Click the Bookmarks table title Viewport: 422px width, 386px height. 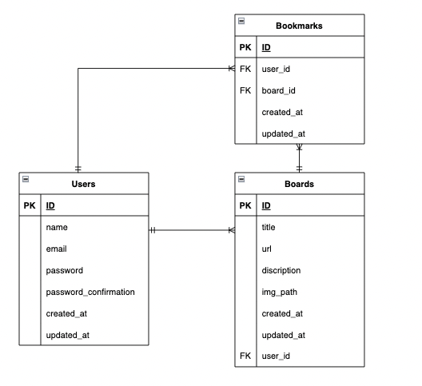point(299,26)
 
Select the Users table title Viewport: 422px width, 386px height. point(83,184)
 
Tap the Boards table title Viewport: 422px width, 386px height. point(299,184)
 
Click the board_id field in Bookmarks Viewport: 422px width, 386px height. point(278,90)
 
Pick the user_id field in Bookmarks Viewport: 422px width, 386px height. point(276,69)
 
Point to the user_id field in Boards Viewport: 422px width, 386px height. point(276,356)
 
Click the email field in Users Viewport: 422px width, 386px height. point(58,249)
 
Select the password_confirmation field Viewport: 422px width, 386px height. point(90,292)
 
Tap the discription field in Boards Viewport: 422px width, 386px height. point(282,270)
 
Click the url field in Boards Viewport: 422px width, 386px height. point(267,249)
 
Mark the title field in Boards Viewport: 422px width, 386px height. point(269,227)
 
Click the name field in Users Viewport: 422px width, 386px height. point(58,227)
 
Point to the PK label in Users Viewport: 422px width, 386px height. point(30,205)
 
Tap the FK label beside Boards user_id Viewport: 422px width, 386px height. point(245,356)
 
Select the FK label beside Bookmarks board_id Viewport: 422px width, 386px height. point(245,90)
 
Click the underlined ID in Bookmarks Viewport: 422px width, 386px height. point(266,47)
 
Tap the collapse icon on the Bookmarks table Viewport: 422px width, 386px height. point(241,21)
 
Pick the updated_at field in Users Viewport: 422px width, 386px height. point(68,335)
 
